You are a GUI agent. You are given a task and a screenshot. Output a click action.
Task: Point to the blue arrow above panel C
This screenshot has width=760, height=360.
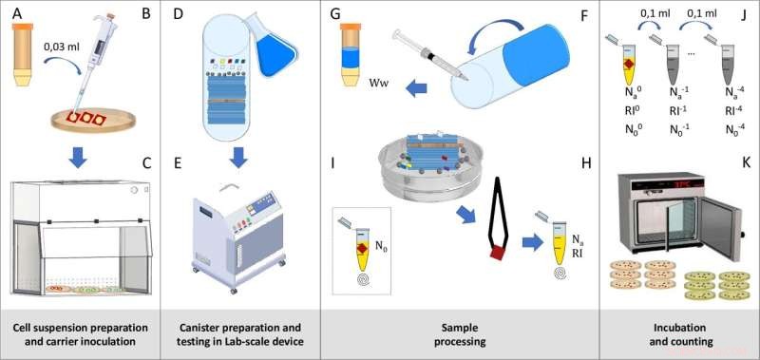point(77,157)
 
